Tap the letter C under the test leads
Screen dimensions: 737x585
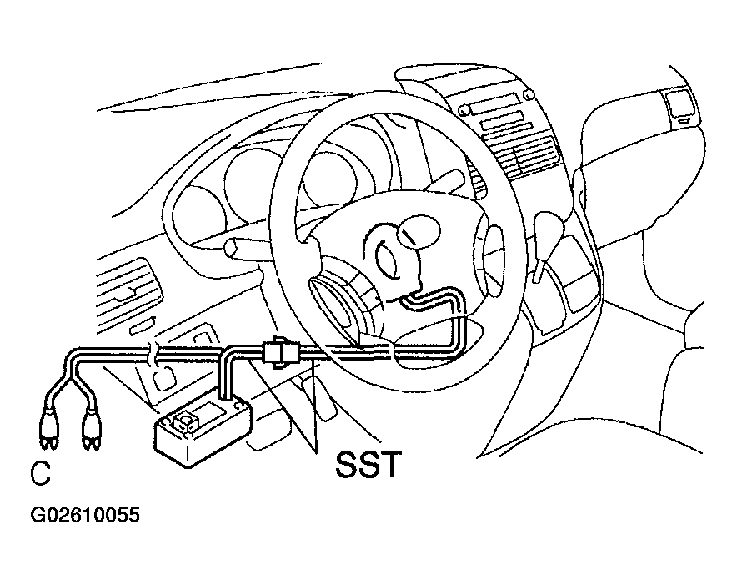point(40,473)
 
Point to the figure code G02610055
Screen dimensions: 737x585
point(85,515)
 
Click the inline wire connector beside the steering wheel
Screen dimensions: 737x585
point(281,351)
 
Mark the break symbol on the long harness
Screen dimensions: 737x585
point(154,354)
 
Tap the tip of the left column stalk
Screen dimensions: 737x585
point(231,247)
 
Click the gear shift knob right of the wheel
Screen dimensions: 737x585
point(549,229)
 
